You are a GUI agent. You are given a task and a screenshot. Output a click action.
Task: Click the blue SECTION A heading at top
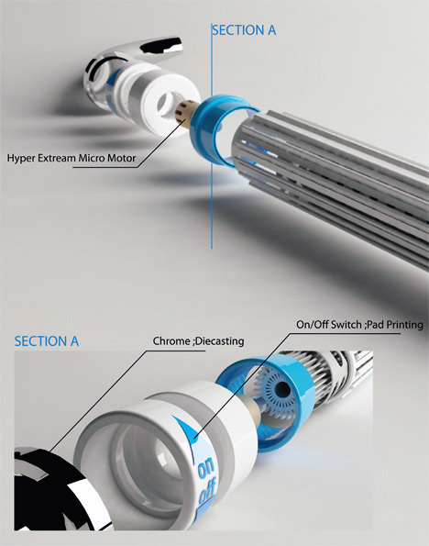pyautogui.click(x=244, y=30)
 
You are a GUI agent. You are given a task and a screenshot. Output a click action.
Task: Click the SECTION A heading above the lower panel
pyautogui.click(x=47, y=341)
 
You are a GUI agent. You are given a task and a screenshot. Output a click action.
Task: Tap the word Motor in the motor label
pyautogui.click(x=121, y=158)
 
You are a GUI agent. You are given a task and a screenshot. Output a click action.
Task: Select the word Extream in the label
pyautogui.click(x=56, y=158)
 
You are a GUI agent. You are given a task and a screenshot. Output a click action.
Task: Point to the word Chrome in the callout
pyautogui.click(x=171, y=340)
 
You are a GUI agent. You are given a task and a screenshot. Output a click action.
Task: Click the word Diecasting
pyautogui.click(x=220, y=341)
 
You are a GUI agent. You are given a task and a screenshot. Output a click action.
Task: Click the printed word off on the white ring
pyautogui.click(x=207, y=491)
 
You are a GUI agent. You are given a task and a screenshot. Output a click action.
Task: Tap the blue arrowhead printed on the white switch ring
pyautogui.click(x=187, y=428)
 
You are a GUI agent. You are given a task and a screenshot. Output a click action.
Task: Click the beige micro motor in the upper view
pyautogui.click(x=184, y=112)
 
